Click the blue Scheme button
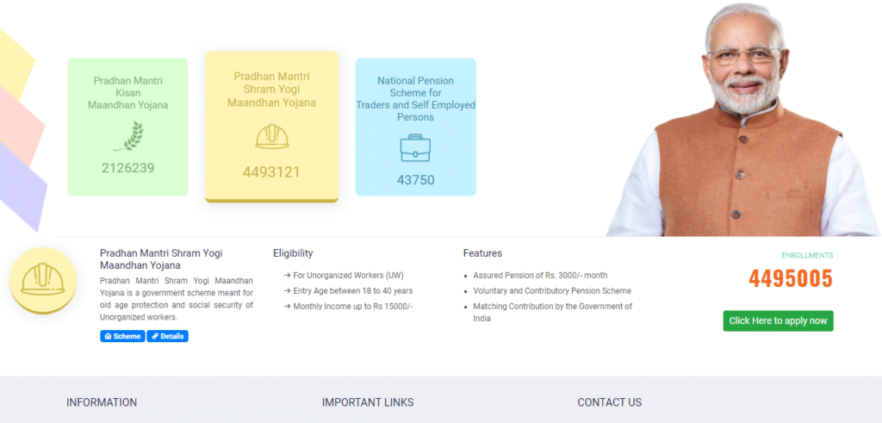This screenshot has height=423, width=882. pos(122,336)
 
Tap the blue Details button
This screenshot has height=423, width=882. pos(168,336)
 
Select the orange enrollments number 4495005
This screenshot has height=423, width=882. pos(791,278)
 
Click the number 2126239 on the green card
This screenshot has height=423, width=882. pos(127,168)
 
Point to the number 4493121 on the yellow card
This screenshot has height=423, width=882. pos(271,172)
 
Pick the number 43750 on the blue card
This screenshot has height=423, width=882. pos(416,180)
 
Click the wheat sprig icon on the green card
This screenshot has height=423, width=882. pos(128,136)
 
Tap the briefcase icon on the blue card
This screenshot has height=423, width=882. pos(416,148)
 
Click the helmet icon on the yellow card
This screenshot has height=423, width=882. pos(271,137)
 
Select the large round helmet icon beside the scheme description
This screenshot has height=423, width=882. pos(43,280)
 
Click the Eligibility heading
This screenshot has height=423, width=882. pos(293,253)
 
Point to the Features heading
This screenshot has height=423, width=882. pos(482,253)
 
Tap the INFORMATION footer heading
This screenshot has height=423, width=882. pos(102,402)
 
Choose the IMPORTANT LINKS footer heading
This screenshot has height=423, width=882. pos(368,402)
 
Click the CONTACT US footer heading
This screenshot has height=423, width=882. pos(610,402)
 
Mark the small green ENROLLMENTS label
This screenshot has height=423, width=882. pos(807,255)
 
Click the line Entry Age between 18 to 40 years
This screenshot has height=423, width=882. pos(349,291)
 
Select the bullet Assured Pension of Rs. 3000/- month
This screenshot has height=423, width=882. pos(540,276)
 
